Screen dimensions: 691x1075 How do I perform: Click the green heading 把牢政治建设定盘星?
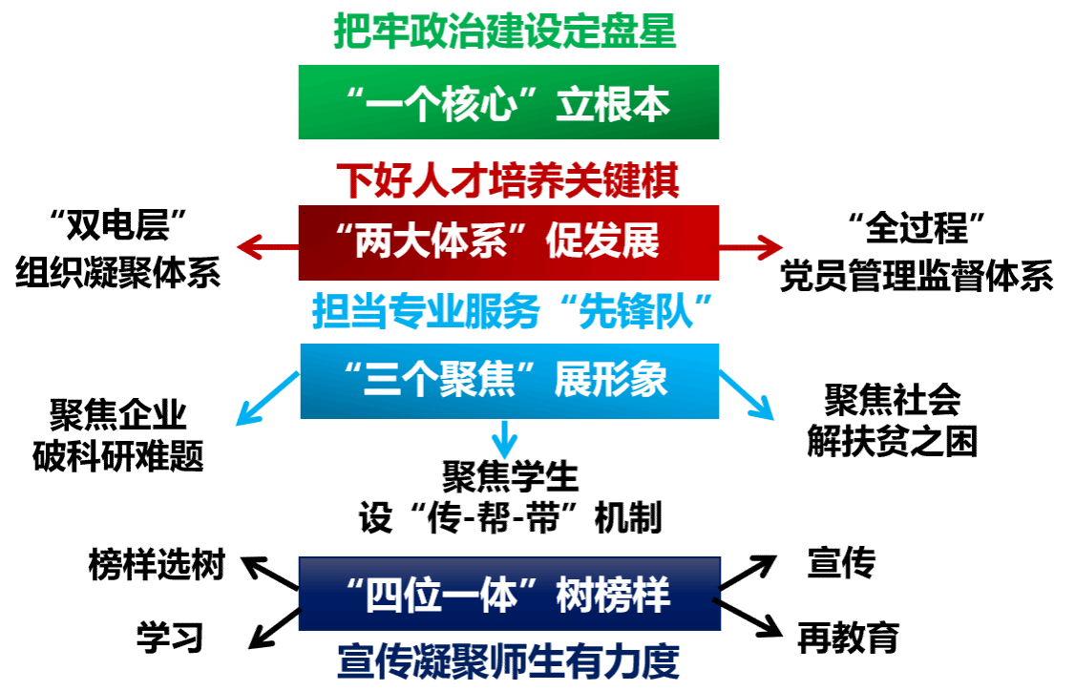coord(504,31)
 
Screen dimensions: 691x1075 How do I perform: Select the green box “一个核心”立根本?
coord(508,102)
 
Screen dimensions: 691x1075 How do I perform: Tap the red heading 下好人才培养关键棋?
coord(507,180)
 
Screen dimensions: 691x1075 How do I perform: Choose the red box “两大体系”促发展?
coord(508,242)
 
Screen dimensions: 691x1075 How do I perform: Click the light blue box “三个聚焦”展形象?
coord(509,381)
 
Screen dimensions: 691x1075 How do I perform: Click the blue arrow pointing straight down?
coord(504,440)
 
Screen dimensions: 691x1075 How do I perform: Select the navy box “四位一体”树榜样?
coord(509,594)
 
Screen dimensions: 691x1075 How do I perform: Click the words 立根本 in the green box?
coord(614,104)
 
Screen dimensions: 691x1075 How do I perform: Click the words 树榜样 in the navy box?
coord(614,596)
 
